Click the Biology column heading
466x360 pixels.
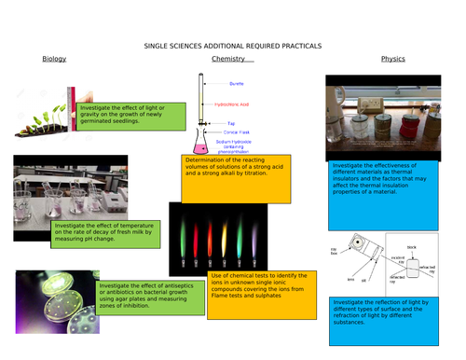click(54, 60)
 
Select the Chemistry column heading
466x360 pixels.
click(227, 60)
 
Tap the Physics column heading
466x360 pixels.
click(392, 60)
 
